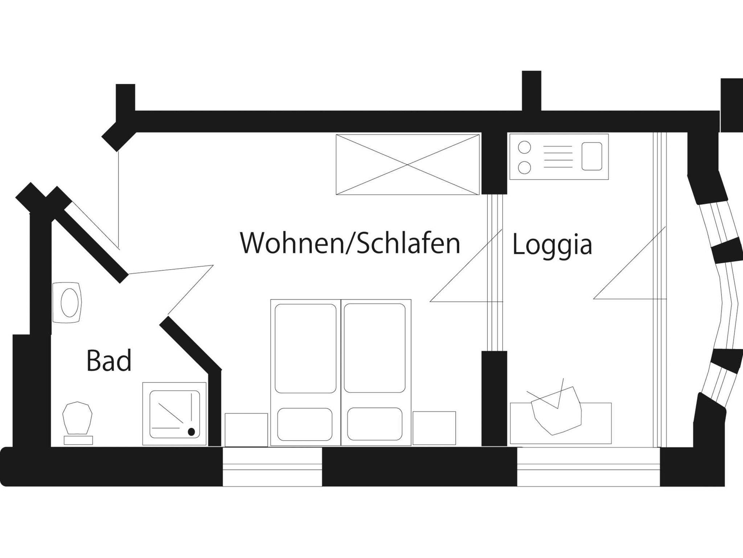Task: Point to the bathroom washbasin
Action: click(x=67, y=303)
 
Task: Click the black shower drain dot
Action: click(x=191, y=432)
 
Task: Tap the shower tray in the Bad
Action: click(x=175, y=414)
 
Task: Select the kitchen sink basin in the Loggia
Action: click(x=592, y=156)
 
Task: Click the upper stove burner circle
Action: click(x=525, y=147)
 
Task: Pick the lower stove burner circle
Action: click(x=525, y=168)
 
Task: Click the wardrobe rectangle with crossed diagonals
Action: click(x=408, y=165)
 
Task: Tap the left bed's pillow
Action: click(x=305, y=424)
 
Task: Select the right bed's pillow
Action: click(x=374, y=424)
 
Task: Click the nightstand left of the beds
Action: click(x=246, y=430)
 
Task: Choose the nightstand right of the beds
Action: click(x=434, y=428)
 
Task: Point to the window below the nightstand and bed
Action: click(x=272, y=467)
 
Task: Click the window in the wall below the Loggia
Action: click(x=588, y=467)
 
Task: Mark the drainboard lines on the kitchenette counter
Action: click(x=558, y=157)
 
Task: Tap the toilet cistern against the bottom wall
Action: click(x=78, y=440)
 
